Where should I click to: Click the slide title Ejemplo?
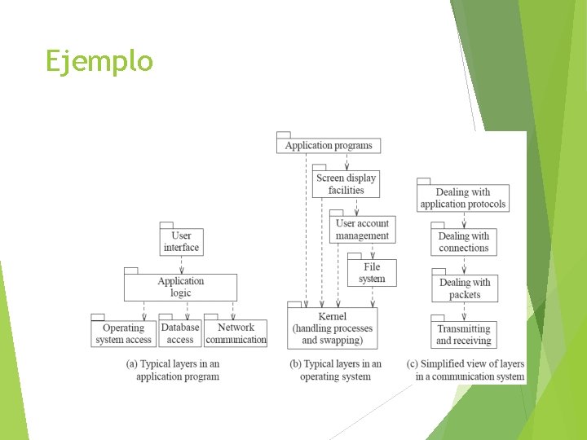[x=99, y=61]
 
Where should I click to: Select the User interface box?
[x=181, y=241]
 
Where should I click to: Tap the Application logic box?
[x=180, y=287]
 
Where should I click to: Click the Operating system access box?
[x=123, y=334]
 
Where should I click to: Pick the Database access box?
[x=180, y=333]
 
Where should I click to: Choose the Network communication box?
[x=236, y=333]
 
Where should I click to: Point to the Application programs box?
[x=329, y=146]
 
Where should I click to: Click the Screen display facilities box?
[x=346, y=184]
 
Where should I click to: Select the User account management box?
[x=362, y=230]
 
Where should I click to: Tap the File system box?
[x=372, y=272]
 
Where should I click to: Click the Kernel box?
[x=332, y=328]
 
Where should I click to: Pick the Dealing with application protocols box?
[x=463, y=198]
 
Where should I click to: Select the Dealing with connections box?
[x=463, y=242]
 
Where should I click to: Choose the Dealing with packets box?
[x=464, y=288]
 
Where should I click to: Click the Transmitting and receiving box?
[x=463, y=334]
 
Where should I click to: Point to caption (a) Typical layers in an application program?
[x=174, y=370]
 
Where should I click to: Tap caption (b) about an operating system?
[x=335, y=370]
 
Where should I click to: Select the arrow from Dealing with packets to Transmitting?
[x=464, y=310]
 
